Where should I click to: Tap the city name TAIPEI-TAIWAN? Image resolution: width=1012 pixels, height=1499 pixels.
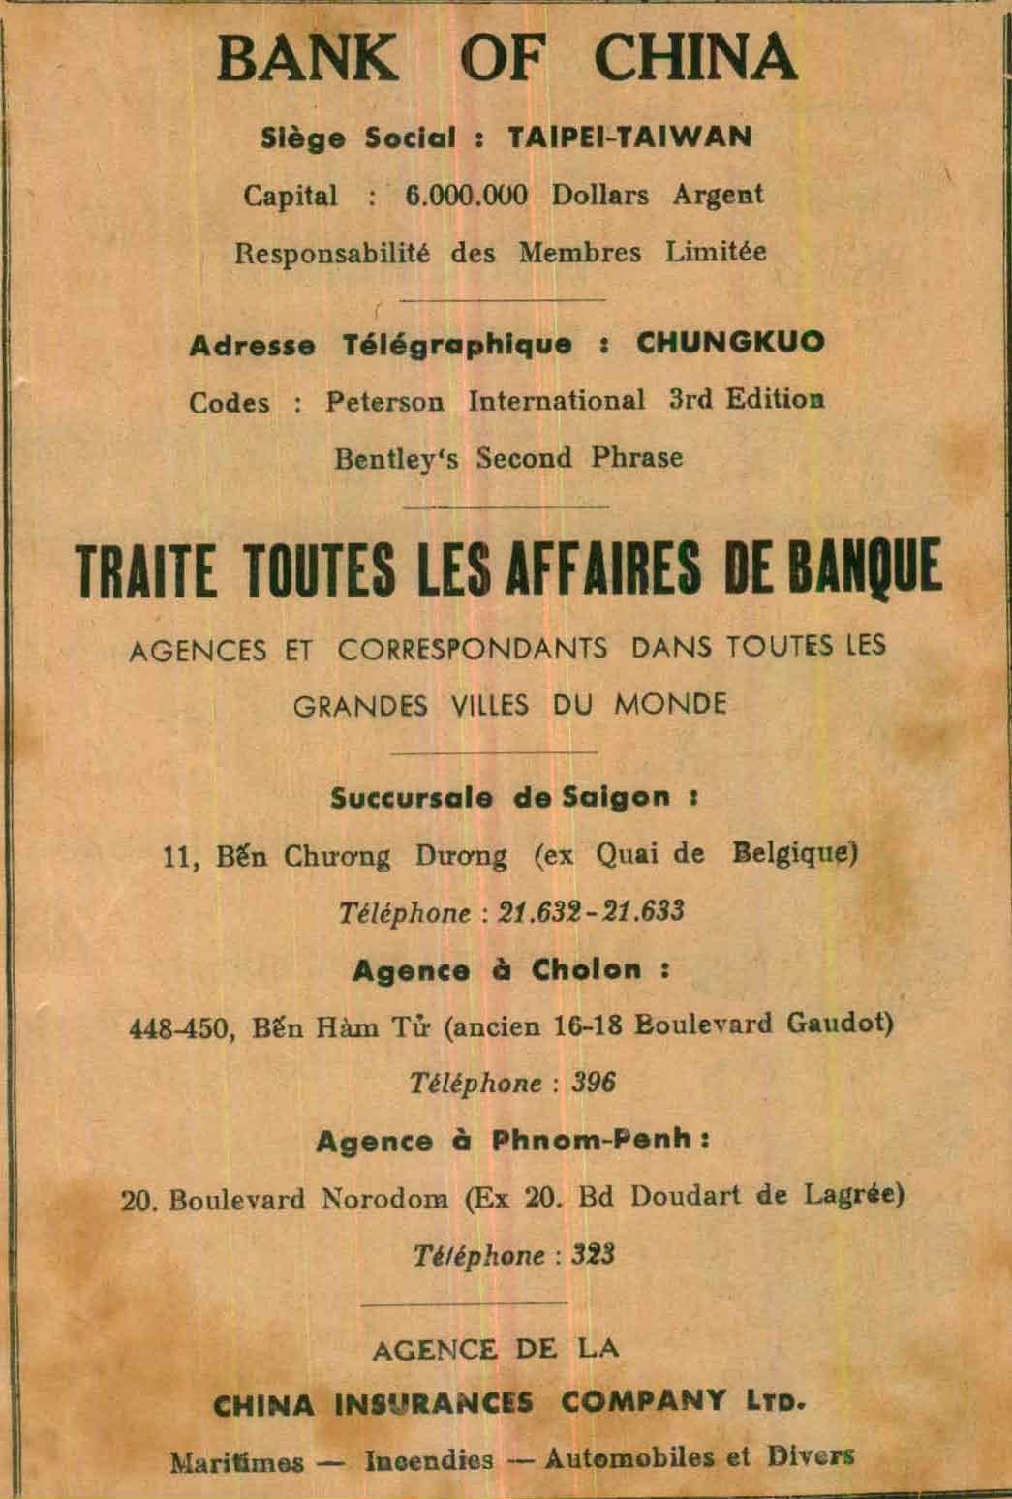tap(629, 138)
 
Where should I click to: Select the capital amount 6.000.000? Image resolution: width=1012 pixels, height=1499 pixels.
tap(467, 195)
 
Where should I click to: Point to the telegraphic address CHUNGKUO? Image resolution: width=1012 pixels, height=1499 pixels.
tap(730, 344)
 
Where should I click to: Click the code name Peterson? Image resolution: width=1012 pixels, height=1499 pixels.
tap(384, 401)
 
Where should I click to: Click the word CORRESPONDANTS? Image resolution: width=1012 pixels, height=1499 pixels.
tap(473, 648)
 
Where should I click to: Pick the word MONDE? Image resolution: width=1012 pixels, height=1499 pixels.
tap(669, 704)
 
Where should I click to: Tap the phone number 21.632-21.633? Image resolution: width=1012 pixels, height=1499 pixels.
tap(591, 912)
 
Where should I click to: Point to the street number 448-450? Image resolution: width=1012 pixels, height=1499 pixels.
tap(181, 1028)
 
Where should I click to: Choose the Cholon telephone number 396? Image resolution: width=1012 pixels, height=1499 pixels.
tap(593, 1084)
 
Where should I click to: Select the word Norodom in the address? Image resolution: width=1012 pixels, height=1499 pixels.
tap(384, 1200)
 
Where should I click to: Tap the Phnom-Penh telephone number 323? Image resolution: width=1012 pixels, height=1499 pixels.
tap(593, 1256)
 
